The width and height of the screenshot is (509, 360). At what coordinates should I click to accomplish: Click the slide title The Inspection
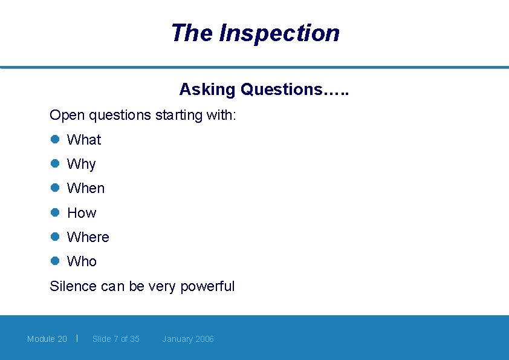(255, 33)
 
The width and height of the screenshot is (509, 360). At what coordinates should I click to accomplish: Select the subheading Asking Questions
(264, 90)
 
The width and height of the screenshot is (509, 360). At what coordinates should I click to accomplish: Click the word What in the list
(84, 140)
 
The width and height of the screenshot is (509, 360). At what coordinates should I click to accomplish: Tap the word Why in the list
(82, 164)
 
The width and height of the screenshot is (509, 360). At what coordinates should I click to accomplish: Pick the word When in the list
(86, 188)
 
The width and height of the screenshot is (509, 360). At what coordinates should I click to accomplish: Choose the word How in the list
(82, 213)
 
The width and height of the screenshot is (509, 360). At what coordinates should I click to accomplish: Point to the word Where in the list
(88, 237)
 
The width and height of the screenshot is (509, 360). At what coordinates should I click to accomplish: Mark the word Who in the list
(82, 261)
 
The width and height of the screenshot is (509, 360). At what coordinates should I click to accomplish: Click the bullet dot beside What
(54, 139)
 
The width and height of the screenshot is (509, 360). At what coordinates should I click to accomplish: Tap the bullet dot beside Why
(54, 163)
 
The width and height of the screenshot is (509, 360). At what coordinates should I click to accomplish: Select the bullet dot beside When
(54, 188)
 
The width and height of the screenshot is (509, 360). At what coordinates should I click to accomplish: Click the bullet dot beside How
(54, 212)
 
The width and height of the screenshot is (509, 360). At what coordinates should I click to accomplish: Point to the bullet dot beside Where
(54, 237)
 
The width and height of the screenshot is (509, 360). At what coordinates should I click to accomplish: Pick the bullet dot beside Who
(54, 261)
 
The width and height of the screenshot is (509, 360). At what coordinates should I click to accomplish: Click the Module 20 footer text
(47, 339)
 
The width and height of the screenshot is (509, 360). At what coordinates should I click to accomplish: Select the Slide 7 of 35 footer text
(116, 339)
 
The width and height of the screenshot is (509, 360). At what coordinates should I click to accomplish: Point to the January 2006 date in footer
(188, 339)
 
